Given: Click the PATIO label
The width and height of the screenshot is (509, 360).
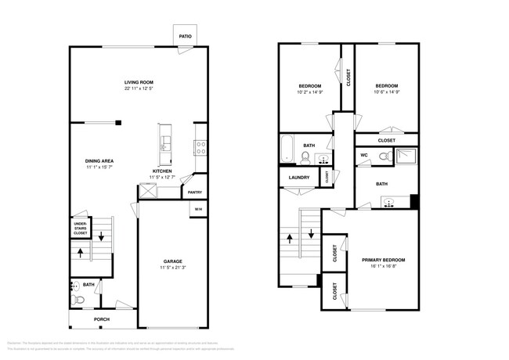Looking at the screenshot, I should pyautogui.click(x=185, y=36).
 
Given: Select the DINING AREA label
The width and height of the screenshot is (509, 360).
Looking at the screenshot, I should pyautogui.click(x=99, y=160).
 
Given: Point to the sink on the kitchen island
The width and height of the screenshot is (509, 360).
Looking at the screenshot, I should pyautogui.click(x=164, y=143).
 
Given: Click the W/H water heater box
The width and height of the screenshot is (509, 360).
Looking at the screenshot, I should pyautogui.click(x=197, y=209).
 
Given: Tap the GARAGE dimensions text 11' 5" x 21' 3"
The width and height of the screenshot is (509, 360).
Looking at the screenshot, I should pyautogui.click(x=172, y=268).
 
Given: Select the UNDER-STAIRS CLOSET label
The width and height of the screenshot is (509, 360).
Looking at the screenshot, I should pyautogui.click(x=81, y=228).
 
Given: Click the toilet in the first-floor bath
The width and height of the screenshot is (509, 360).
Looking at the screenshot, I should pyautogui.click(x=77, y=298).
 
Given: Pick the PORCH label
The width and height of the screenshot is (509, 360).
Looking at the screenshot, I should pyautogui.click(x=102, y=319).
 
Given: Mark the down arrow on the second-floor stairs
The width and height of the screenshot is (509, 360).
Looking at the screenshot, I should pyautogui.click(x=311, y=233).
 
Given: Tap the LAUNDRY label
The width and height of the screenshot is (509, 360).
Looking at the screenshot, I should pyautogui.click(x=299, y=178).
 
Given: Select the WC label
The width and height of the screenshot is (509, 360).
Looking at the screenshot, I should pyautogui.click(x=364, y=156).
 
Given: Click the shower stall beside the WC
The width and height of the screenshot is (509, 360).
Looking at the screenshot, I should pyautogui.click(x=406, y=156).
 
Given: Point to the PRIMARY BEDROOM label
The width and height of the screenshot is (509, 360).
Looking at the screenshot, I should pyautogui.click(x=383, y=259).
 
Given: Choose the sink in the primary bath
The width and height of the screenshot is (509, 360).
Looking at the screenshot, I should pyautogui.click(x=388, y=203).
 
